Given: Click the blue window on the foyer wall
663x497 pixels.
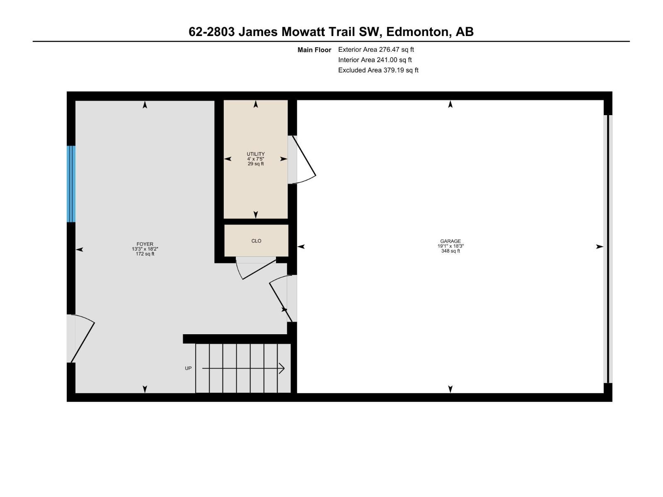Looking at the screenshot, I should click(x=71, y=184).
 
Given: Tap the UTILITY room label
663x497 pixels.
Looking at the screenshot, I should click(x=256, y=154).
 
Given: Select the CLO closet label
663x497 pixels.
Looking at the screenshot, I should click(x=256, y=241).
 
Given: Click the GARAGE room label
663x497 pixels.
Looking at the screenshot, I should click(x=450, y=241).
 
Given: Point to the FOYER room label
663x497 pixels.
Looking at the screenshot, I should click(x=145, y=244).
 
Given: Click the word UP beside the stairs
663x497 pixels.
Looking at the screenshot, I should click(x=188, y=368).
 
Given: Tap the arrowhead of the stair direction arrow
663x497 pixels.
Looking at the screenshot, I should click(x=282, y=368).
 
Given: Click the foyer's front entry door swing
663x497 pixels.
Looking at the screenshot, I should click(x=82, y=338).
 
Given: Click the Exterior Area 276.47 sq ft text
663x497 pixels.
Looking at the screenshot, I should click(x=376, y=50).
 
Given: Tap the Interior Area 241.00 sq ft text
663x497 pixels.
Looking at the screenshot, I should click(x=375, y=60).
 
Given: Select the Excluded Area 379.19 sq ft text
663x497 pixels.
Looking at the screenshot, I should click(x=378, y=70).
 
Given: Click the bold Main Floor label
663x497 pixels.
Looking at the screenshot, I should click(x=314, y=50).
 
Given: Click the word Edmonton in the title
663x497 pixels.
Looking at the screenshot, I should click(x=417, y=32).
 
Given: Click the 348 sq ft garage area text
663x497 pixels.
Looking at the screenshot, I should click(x=450, y=251).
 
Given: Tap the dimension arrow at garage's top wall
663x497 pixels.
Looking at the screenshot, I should click(x=450, y=104).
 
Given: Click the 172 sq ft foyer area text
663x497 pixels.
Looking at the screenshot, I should click(x=145, y=254).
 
